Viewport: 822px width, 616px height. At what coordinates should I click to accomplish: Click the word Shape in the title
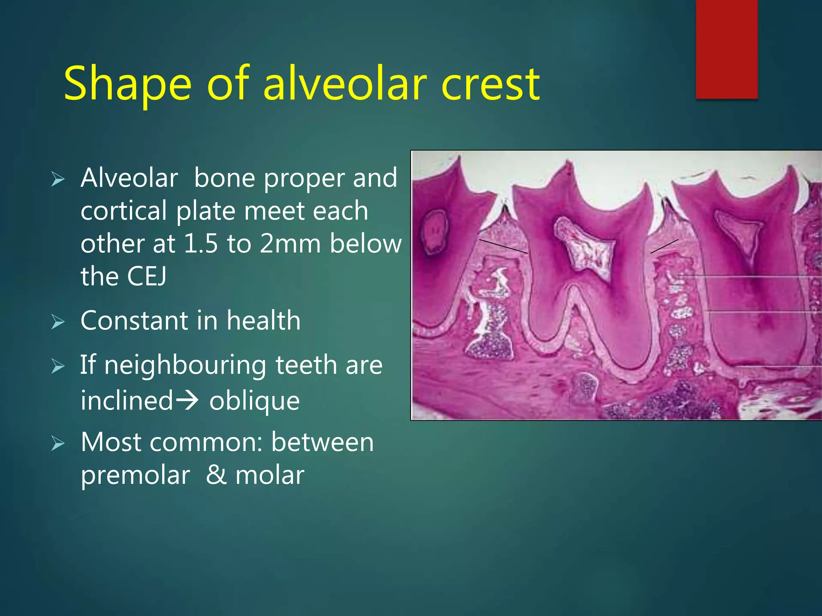tap(128, 84)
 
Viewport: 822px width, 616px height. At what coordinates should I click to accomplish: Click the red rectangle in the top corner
tap(726, 49)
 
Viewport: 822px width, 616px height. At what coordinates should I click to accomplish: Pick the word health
tap(263, 320)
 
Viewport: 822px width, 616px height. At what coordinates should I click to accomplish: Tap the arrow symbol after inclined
tap(187, 400)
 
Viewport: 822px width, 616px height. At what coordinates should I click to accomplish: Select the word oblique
tap(254, 401)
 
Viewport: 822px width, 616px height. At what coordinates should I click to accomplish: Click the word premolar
tap(135, 476)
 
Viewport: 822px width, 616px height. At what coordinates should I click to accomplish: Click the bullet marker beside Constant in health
tap(58, 322)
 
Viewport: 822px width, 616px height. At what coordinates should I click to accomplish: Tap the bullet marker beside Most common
tap(58, 444)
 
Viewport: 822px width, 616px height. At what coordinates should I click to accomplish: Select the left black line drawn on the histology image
tap(503, 246)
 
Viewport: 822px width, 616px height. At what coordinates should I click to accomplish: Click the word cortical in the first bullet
tap(124, 211)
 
